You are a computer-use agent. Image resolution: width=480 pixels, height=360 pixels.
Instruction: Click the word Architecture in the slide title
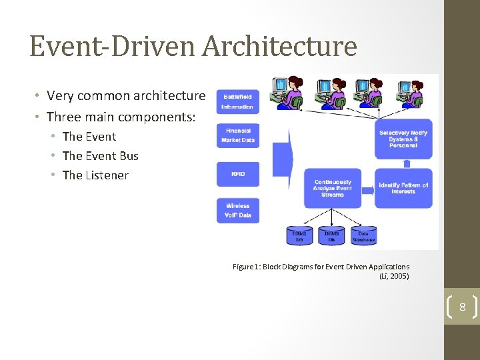[279, 47]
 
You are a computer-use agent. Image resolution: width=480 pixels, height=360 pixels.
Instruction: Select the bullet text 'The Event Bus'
[100, 156]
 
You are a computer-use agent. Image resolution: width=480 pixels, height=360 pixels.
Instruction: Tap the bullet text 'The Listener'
[95, 175]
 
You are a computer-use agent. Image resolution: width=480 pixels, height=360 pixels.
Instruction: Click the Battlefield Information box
[237, 101]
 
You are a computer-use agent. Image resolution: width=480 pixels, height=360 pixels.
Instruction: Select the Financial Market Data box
[238, 136]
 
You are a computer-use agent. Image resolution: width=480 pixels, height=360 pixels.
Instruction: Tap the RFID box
[238, 174]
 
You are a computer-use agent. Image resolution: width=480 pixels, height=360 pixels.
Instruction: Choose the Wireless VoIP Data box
[238, 211]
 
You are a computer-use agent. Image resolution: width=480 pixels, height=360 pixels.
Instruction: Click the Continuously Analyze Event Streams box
[332, 188]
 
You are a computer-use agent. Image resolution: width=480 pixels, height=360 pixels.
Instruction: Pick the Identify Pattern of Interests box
[403, 188]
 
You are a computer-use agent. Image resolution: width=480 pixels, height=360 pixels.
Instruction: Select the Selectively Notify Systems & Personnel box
[403, 138]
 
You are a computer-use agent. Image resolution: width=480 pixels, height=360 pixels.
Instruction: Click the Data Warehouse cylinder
[363, 236]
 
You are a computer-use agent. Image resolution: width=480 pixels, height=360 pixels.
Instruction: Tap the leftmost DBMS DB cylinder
[299, 236]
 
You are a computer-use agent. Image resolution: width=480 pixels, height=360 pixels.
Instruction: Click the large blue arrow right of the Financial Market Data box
[283, 157]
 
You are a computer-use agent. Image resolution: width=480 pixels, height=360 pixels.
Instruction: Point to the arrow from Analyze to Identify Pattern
[367, 189]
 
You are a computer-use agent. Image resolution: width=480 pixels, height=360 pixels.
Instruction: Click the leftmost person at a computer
[286, 93]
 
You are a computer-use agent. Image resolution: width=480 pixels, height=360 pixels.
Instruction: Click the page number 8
[461, 307]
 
